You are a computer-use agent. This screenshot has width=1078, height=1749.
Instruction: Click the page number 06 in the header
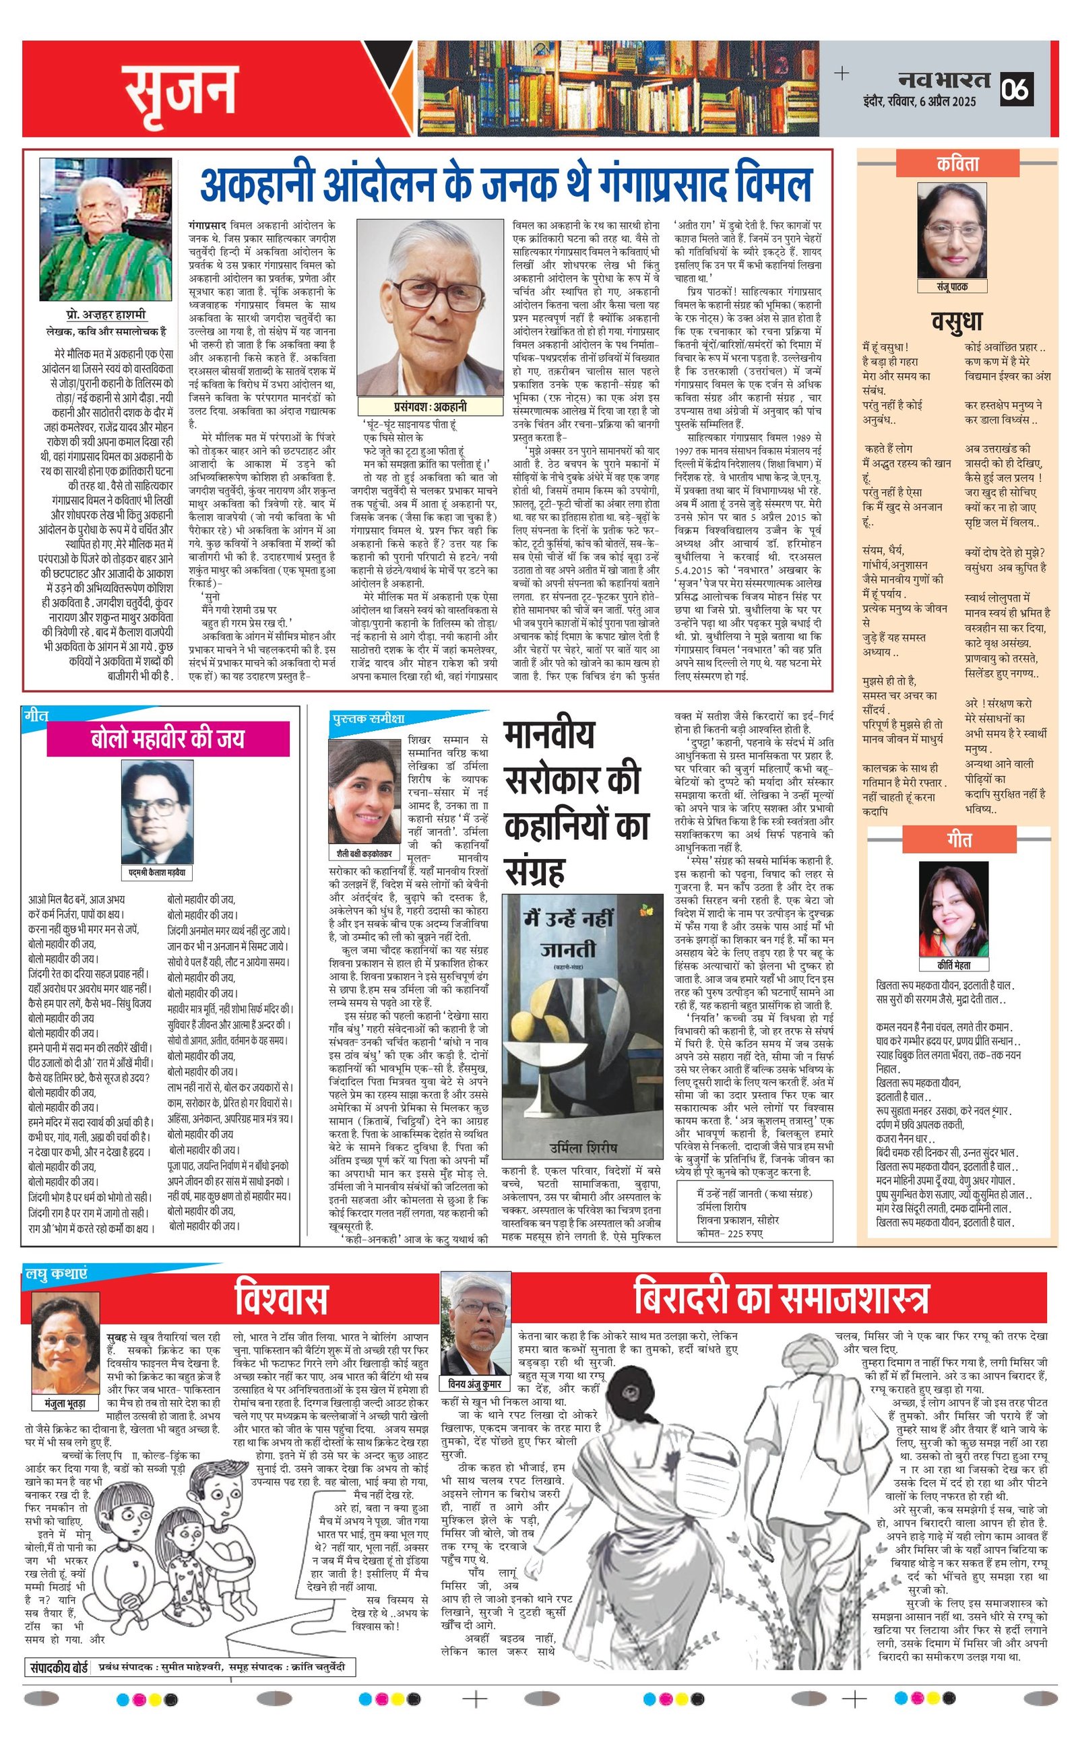pyautogui.click(x=1015, y=90)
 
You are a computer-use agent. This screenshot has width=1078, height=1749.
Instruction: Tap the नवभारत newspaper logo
pyautogui.click(x=943, y=79)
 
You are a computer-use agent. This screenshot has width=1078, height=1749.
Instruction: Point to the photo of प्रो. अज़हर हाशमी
pyautogui.click(x=106, y=230)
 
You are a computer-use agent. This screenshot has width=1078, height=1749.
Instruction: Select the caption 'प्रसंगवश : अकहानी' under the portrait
pyautogui.click(x=430, y=406)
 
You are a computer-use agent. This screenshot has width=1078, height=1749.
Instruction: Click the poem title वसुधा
pyautogui.click(x=957, y=321)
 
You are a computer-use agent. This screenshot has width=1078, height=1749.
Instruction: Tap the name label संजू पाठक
pyautogui.click(x=952, y=286)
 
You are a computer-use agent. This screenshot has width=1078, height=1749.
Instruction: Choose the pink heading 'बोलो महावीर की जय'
pyautogui.click(x=168, y=738)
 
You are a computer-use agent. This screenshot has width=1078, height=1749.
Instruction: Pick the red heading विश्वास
pyautogui.click(x=281, y=1298)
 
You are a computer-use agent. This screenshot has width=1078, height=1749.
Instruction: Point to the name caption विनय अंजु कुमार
pyautogui.click(x=475, y=1385)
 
